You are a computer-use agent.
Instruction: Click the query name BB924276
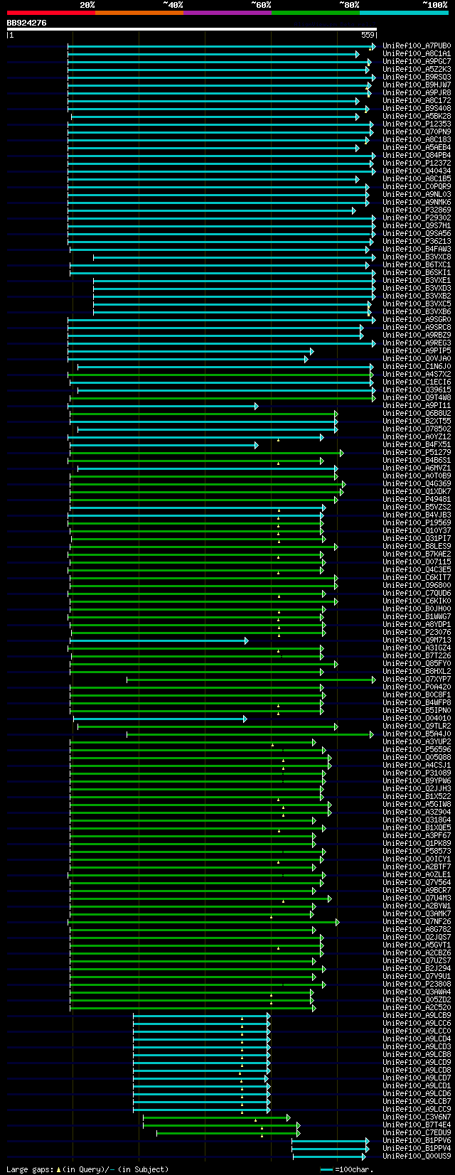pyautogui.click(x=27, y=23)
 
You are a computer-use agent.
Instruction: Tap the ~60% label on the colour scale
pyautogui.click(x=261, y=4)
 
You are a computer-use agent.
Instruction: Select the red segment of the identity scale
pyautogui.click(x=50, y=12)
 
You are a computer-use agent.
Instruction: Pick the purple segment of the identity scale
pyautogui.click(x=227, y=12)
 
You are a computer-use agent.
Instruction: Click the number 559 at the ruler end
pyautogui.click(x=368, y=34)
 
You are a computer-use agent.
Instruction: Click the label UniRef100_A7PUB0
pyautogui.click(x=417, y=46)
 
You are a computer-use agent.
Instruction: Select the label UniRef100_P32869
pyautogui.click(x=417, y=210)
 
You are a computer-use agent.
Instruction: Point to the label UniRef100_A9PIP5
pyautogui.click(x=417, y=351)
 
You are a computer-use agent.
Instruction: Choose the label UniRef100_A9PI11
pyautogui.click(x=417, y=406)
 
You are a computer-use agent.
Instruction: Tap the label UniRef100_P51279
pyautogui.click(x=417, y=453)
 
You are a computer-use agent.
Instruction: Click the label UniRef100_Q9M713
pyautogui.click(x=417, y=640)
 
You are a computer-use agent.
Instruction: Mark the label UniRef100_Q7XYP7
pyautogui.click(x=417, y=680)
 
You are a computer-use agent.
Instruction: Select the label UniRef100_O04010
pyautogui.click(x=417, y=719)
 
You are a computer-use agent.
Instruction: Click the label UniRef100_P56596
pyautogui.click(x=417, y=750)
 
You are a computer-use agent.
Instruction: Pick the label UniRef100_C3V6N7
pyautogui.click(x=417, y=1117)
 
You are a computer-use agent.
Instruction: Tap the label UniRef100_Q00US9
pyautogui.click(x=417, y=1157)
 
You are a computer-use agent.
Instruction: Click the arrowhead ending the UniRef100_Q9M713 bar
pyautogui.click(x=246, y=640)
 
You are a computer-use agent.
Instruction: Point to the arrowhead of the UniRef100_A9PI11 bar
pyautogui.click(x=256, y=406)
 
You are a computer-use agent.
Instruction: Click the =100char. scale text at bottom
pyautogui.click(x=353, y=1169)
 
